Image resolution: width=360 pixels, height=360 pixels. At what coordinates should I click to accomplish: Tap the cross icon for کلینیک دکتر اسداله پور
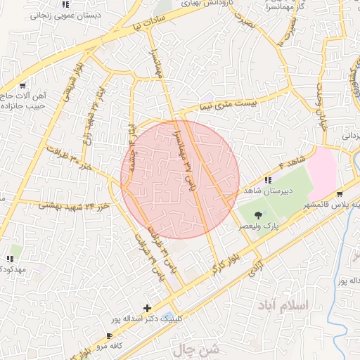pyautogui.click(x=147, y=308)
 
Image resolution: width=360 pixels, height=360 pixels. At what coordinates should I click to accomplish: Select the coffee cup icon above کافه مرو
pyautogui.click(x=109, y=336)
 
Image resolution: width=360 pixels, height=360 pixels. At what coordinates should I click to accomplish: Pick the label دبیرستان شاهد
pyautogui.click(x=266, y=191)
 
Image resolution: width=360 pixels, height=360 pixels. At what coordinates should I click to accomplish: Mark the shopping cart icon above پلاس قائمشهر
pyautogui.click(x=340, y=194)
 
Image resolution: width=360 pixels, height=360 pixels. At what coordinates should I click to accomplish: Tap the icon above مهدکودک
pyautogui.click(x=15, y=250)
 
